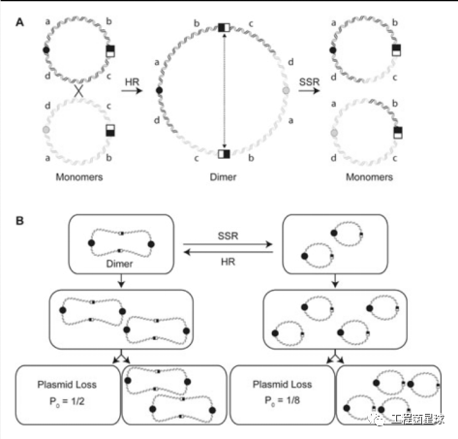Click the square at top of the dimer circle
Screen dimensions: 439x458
[225, 27]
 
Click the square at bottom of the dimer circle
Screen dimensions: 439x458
[225, 152]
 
